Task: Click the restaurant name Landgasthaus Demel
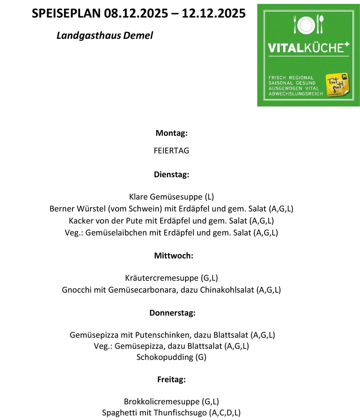click(105, 35)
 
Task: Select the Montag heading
click(171, 133)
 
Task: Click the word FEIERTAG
click(171, 151)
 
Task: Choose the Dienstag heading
click(171, 174)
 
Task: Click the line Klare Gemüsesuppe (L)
click(171, 197)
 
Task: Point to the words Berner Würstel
click(75, 209)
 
